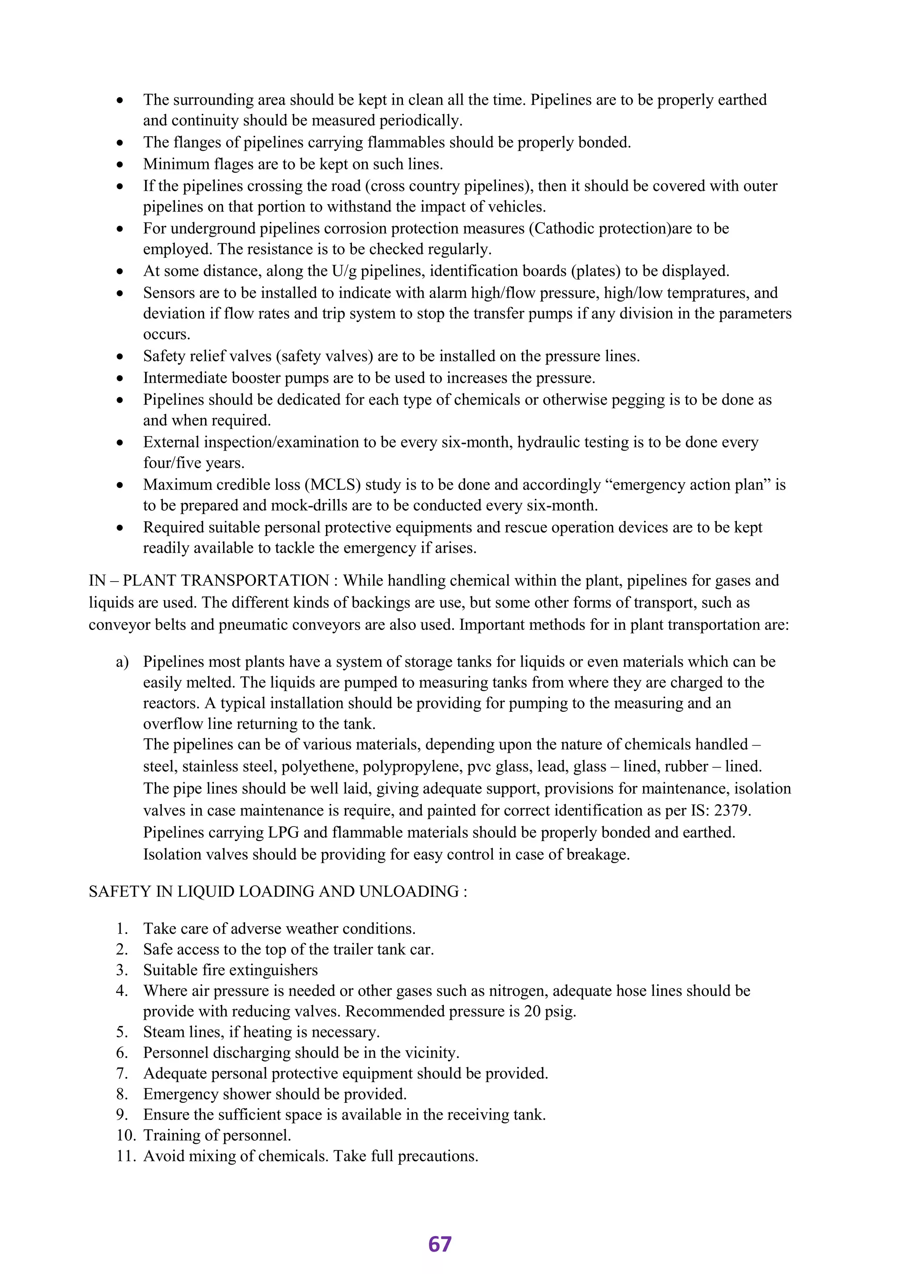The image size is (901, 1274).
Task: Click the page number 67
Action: point(440,1244)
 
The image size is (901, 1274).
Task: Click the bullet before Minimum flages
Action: point(120,165)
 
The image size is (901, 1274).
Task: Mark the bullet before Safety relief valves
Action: point(120,357)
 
